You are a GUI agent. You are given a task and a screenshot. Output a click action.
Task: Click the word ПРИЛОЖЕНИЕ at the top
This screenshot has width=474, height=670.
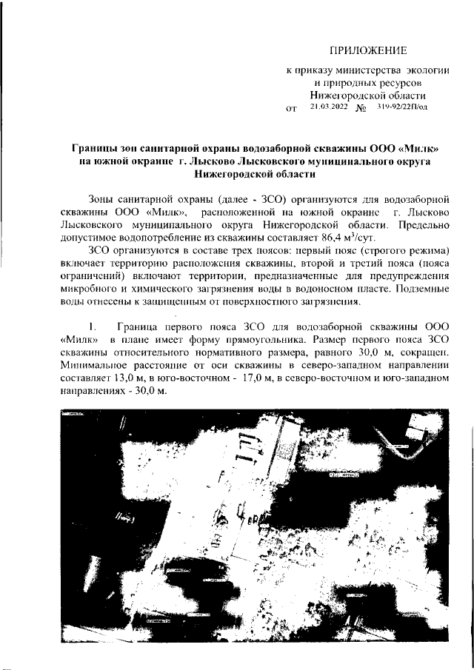[368, 50]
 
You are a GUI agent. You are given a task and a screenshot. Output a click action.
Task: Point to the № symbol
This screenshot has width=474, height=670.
[361, 109]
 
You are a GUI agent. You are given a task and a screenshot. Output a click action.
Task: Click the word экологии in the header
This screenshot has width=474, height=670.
[424, 69]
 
